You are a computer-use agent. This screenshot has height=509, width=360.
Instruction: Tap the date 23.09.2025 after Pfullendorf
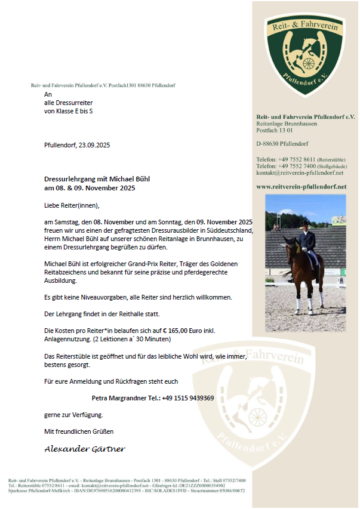click(x=94, y=145)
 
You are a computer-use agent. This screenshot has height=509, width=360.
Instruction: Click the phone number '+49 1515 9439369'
click(x=188, y=397)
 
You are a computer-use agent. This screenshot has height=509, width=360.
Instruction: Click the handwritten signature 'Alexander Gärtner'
click(x=85, y=449)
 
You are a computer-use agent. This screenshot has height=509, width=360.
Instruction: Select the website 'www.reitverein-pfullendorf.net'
click(x=301, y=187)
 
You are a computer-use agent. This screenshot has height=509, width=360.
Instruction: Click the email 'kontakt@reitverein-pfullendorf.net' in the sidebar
click(x=300, y=173)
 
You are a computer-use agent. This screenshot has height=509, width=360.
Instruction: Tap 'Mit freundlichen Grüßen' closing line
click(x=79, y=431)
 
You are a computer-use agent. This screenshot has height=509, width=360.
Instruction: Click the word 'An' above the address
click(x=48, y=94)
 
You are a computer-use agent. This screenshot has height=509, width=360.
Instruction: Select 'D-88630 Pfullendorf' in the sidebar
click(x=282, y=144)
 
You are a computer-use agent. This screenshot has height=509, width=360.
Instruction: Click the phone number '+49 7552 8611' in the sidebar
click(x=297, y=160)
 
